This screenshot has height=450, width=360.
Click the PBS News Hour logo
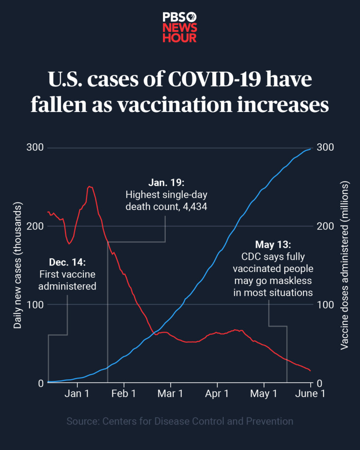(x=180, y=27)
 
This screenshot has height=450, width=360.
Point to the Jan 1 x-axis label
(x=76, y=393)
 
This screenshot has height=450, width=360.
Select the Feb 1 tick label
(x=124, y=393)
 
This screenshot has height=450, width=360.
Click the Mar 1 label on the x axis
(x=170, y=393)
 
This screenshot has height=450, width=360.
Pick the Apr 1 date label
(x=217, y=393)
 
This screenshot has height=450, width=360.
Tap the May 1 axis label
(x=264, y=393)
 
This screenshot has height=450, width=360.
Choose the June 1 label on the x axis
(x=310, y=393)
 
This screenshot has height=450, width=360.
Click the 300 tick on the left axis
(x=35, y=148)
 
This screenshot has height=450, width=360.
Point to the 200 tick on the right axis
(x=325, y=226)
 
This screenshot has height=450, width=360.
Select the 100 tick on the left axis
(x=35, y=305)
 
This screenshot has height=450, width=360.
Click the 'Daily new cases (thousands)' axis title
(x=18, y=265)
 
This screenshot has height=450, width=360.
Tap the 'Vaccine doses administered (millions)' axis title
(x=344, y=265)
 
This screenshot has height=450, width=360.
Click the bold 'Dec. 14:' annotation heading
(x=67, y=262)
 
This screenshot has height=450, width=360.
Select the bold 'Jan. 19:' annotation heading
(x=167, y=182)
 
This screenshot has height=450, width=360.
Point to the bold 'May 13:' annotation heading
(x=273, y=244)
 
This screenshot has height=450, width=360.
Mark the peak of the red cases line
(x=90, y=186)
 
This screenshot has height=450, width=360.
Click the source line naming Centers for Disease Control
(x=180, y=421)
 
